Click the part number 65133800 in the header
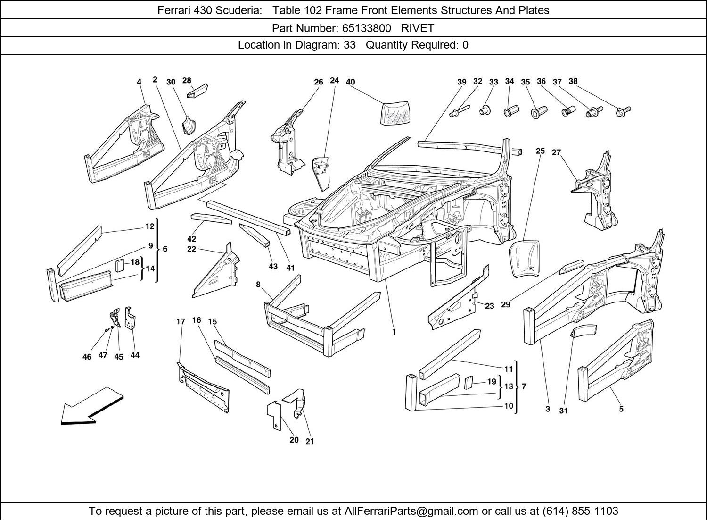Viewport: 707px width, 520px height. point(367,28)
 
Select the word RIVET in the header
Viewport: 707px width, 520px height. point(418,28)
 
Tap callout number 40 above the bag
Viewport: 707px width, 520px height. point(350,82)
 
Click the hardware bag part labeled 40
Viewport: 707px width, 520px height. point(395,113)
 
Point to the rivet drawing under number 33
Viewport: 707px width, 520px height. point(485,110)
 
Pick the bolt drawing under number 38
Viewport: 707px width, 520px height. point(623,111)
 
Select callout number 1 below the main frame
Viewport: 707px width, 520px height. point(394,332)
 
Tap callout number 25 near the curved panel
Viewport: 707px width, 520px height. point(540,151)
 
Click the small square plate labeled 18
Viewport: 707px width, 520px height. point(120,266)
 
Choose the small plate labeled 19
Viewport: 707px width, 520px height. point(469,383)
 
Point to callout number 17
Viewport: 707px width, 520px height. point(181,322)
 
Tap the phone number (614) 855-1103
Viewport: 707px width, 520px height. point(580,511)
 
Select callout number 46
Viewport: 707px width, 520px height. point(87,357)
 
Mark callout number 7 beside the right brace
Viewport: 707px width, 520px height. point(524,386)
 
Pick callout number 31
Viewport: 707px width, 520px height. point(563,411)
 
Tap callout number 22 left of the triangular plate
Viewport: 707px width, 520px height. point(191,249)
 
